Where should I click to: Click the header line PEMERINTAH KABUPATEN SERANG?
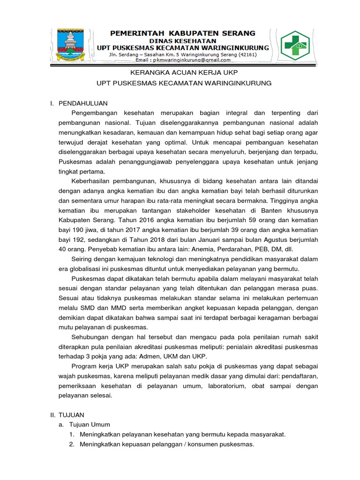click(182, 33)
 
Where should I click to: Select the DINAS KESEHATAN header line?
click(182, 41)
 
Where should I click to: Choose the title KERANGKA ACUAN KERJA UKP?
click(184, 73)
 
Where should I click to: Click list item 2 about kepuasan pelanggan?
click(166, 444)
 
